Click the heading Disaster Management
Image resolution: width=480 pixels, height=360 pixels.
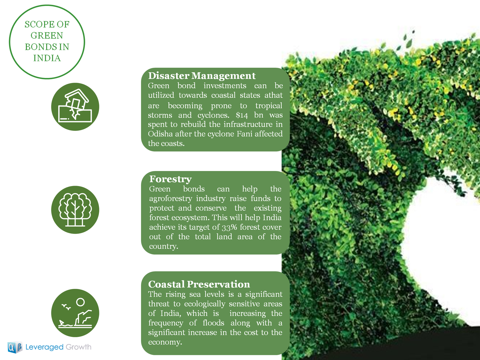point(202,76)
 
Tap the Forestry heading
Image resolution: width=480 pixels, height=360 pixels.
point(171,179)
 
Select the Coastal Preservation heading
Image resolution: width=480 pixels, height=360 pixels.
point(199,284)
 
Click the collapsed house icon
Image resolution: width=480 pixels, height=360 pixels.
point(75,106)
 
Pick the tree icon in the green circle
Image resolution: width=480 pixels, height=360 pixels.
point(75,210)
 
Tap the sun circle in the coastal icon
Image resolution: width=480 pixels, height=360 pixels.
point(80,302)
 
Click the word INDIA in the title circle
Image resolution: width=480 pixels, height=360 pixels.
point(47,58)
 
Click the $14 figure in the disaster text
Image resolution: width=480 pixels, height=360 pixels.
point(241,115)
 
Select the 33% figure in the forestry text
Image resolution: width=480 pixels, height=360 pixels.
point(229,227)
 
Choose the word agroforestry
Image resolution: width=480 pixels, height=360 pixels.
point(171,199)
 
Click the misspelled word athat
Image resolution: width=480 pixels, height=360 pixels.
point(274,95)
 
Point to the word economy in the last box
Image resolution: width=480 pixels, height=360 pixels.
point(165,342)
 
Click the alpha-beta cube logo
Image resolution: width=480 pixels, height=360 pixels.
point(15,347)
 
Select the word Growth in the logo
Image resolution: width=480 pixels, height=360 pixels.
point(79,347)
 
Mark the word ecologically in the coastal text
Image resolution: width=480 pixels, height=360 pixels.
point(205,304)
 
